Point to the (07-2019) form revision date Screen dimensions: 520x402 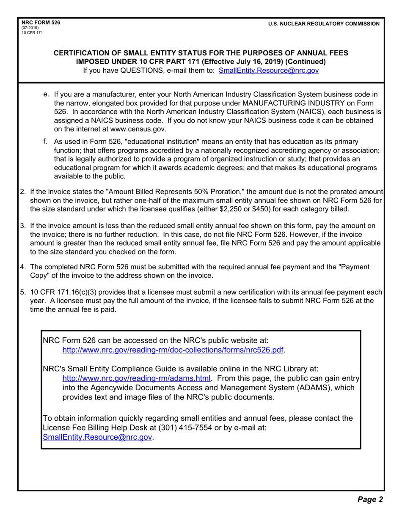[31, 28]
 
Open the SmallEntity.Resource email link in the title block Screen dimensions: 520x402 [268, 71]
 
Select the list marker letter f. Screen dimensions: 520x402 [45, 141]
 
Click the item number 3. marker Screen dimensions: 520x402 [24, 226]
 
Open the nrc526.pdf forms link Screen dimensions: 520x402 [173, 350]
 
